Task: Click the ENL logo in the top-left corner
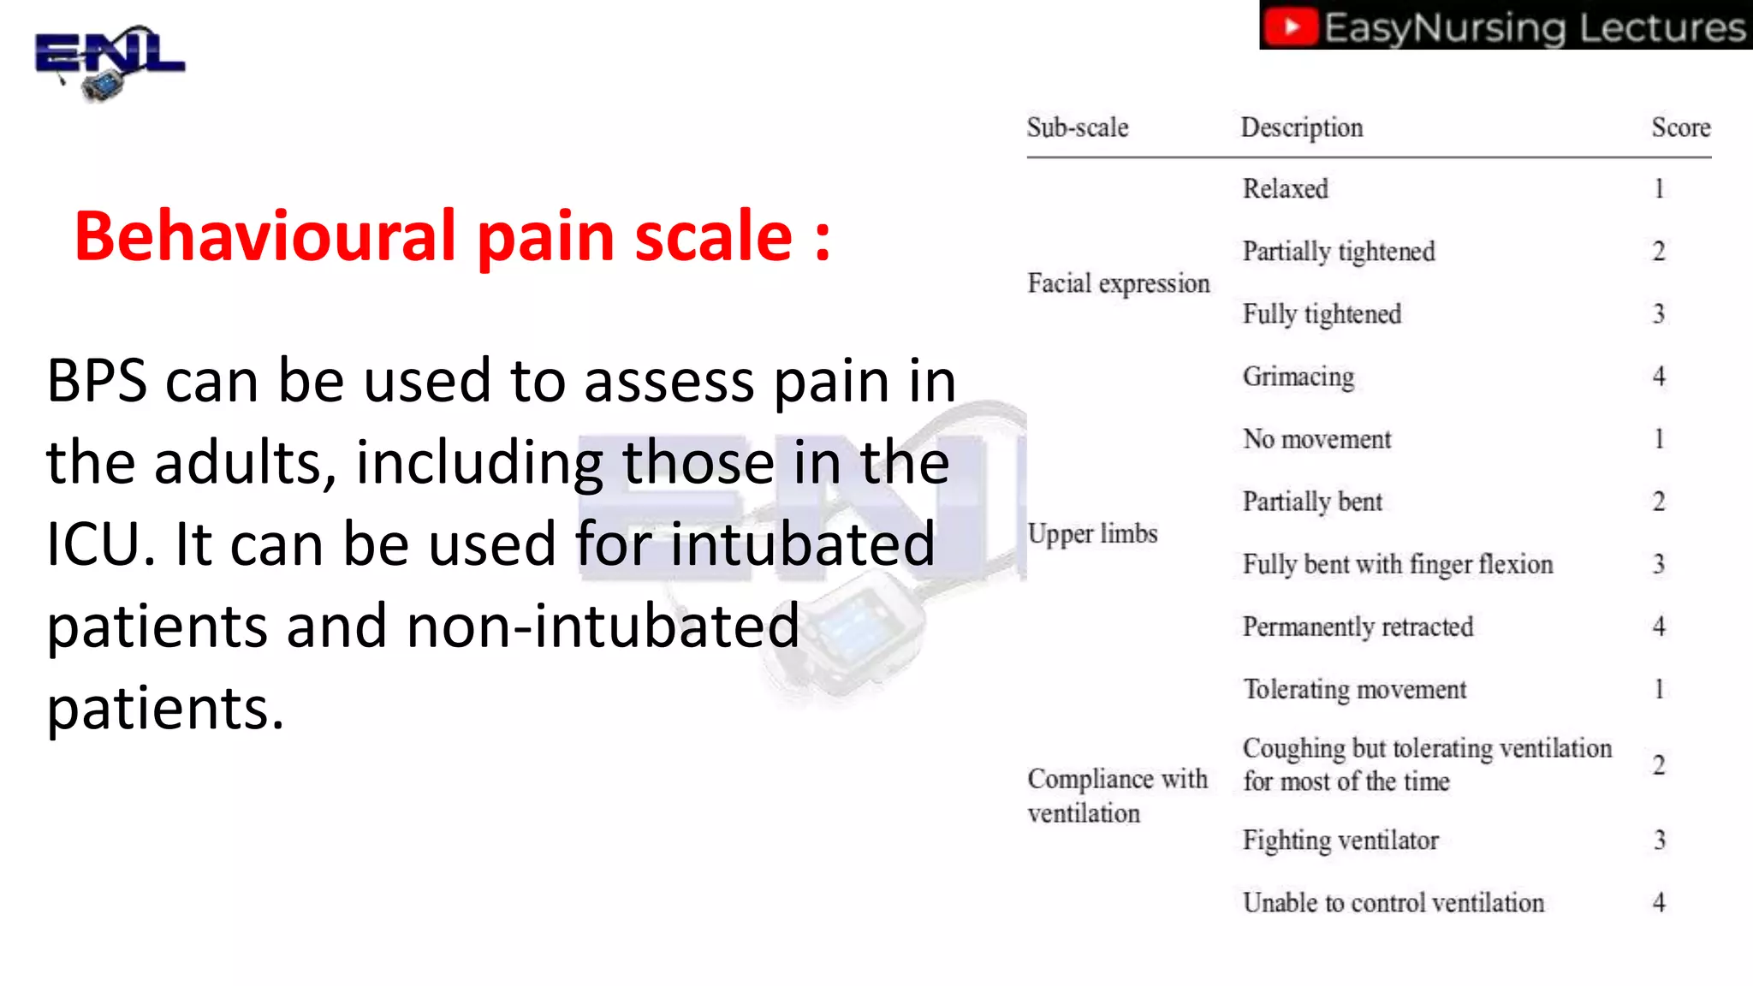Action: (x=109, y=62)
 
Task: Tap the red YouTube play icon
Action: (x=1292, y=27)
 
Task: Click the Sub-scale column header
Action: (x=1078, y=128)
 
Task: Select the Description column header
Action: (x=1301, y=128)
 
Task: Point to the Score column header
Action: (x=1680, y=128)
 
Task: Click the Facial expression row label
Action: (x=1118, y=283)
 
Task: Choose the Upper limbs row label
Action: (x=1092, y=533)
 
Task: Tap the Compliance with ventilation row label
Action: (x=1116, y=795)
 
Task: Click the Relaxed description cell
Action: (x=1285, y=188)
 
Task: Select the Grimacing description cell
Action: (x=1298, y=377)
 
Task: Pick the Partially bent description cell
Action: (x=1312, y=502)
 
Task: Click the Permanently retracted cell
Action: (x=1358, y=627)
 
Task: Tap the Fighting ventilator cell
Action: (x=1340, y=840)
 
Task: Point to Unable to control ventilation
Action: (x=1393, y=903)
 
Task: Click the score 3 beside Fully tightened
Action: (x=1658, y=314)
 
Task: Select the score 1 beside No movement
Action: (x=1659, y=439)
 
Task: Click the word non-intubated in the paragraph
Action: (x=603, y=626)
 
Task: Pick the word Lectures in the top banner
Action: (x=1661, y=27)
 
